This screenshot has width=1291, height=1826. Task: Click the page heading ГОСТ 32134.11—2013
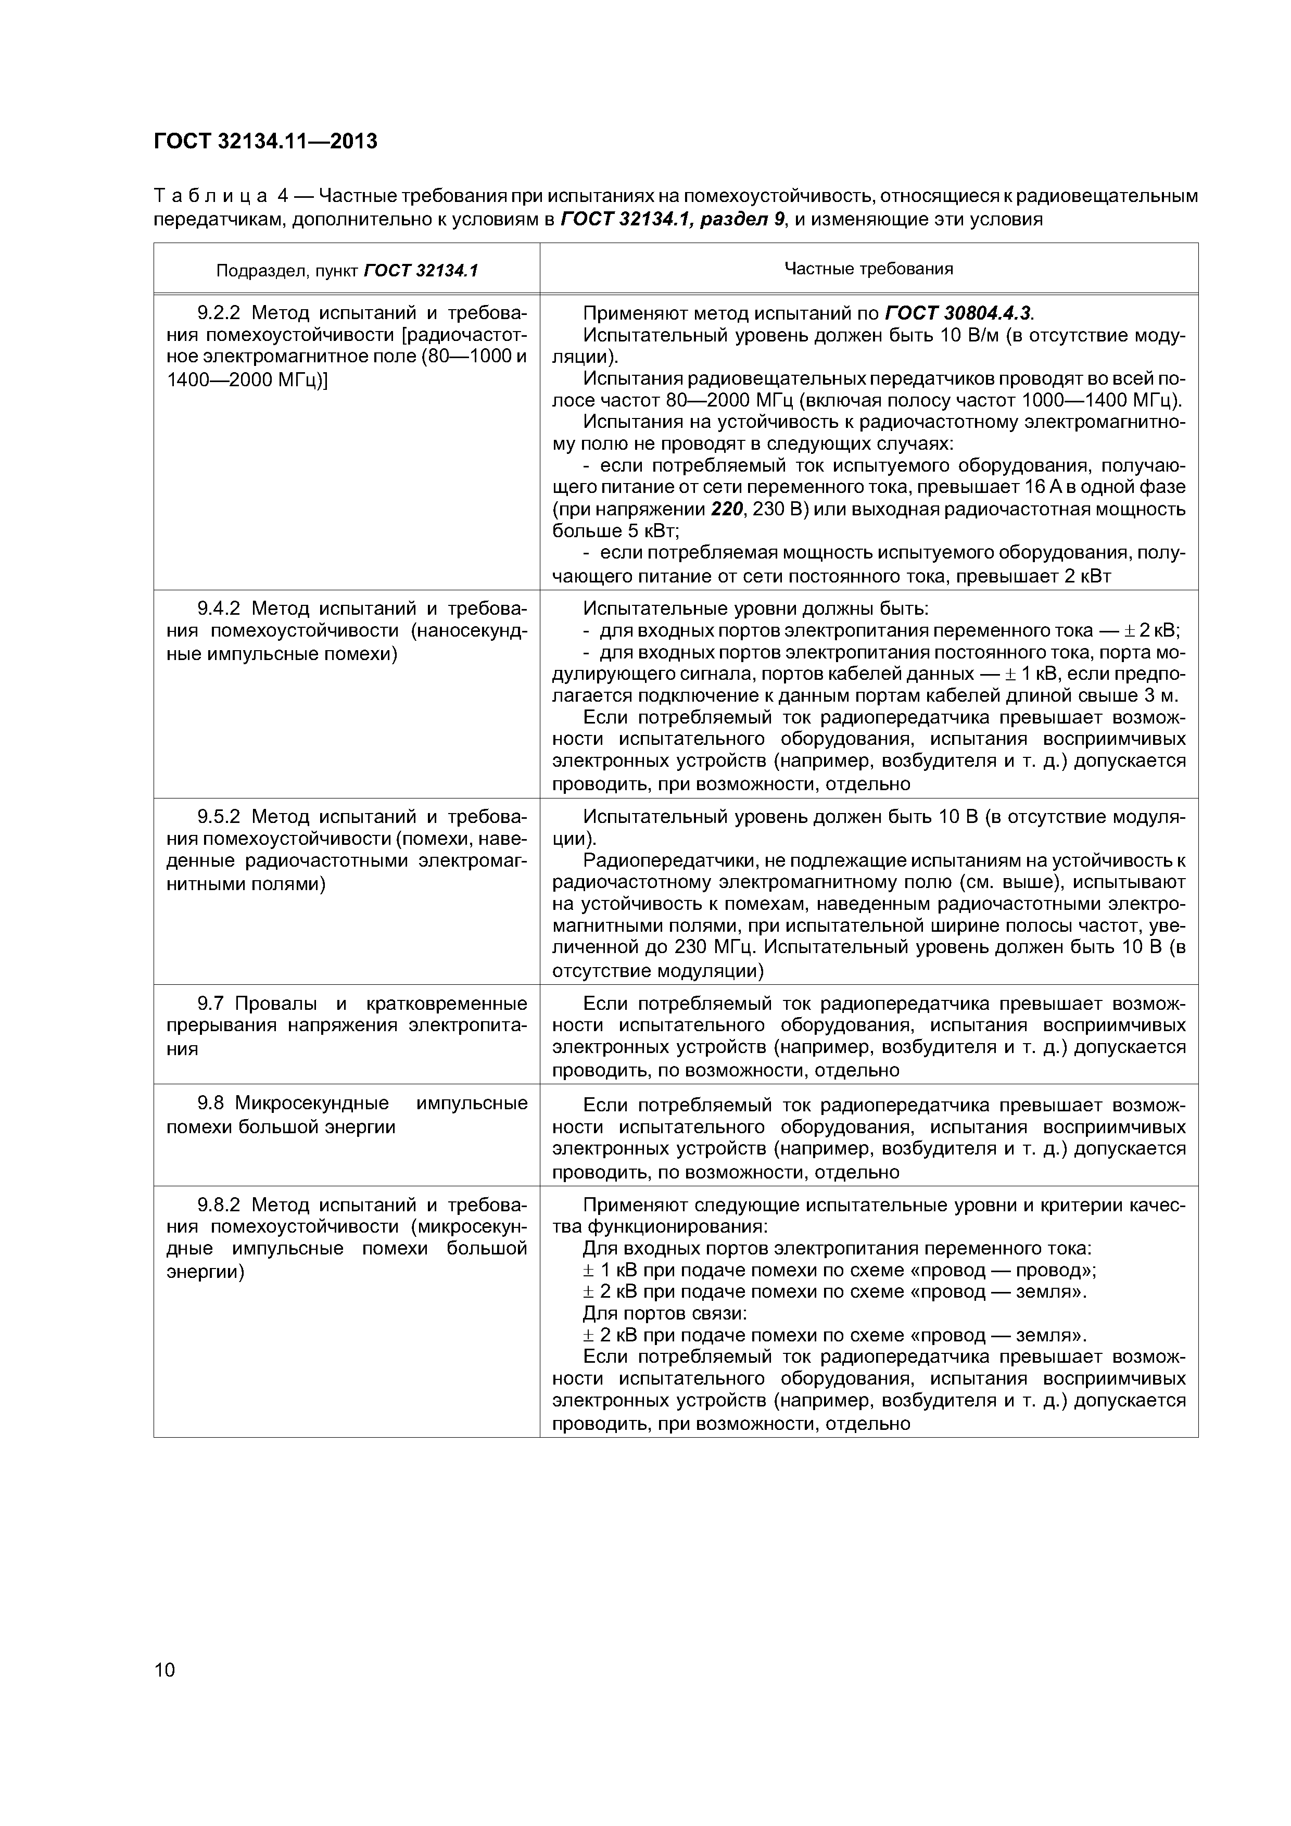coord(265,142)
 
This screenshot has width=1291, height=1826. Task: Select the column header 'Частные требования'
coord(869,269)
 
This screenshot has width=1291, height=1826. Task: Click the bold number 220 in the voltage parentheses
coord(726,509)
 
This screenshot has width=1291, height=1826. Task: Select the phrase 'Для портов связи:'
coord(665,1314)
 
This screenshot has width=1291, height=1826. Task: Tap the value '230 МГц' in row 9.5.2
coord(711,947)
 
